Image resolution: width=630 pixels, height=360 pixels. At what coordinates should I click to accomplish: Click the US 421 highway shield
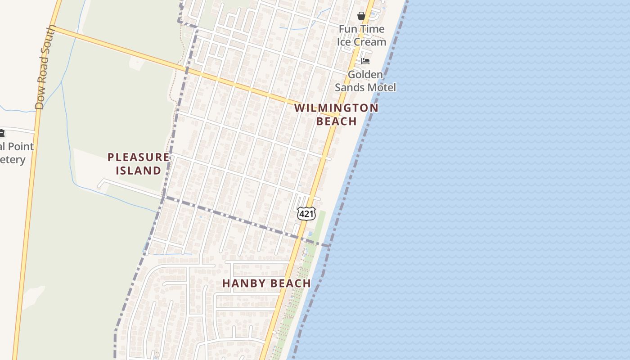coord(306,214)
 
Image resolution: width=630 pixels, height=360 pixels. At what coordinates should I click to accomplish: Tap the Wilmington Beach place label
coord(336,114)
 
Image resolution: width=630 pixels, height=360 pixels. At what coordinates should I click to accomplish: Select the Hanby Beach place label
coord(266,283)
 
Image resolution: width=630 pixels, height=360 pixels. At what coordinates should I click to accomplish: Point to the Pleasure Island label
coord(139,164)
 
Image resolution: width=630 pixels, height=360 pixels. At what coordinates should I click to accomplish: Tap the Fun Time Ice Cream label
coord(361,36)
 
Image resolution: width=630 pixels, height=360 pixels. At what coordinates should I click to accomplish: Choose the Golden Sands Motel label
coord(365,81)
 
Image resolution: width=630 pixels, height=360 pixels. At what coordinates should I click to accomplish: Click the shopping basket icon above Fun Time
coord(361,16)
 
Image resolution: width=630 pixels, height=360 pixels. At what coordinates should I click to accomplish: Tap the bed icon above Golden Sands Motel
coord(365,61)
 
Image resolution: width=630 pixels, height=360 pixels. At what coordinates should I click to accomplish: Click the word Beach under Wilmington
coord(336,121)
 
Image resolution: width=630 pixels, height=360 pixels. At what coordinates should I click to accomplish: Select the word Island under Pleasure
coord(139,171)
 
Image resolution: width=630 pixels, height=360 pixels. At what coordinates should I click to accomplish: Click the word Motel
coord(382,87)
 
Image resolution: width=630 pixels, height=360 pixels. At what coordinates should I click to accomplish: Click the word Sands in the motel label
coord(349,87)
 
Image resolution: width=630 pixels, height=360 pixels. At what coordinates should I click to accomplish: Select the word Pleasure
coord(139,157)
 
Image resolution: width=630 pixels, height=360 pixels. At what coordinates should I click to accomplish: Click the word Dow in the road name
coord(40,100)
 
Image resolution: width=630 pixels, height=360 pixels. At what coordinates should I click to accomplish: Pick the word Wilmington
coord(336,108)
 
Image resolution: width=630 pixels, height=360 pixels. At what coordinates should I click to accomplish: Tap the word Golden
coord(365,74)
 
